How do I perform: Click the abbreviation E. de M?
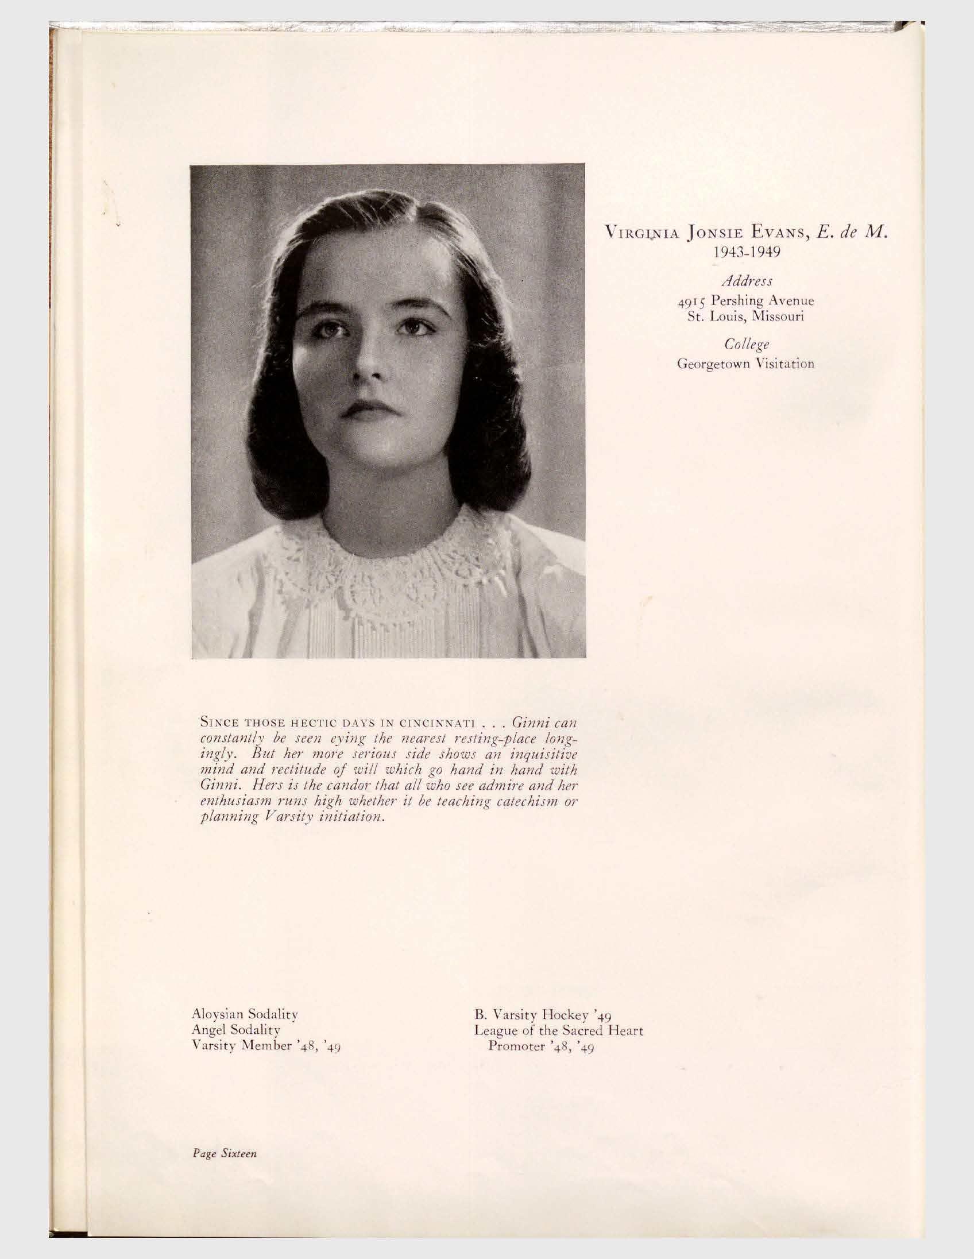click(x=849, y=234)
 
